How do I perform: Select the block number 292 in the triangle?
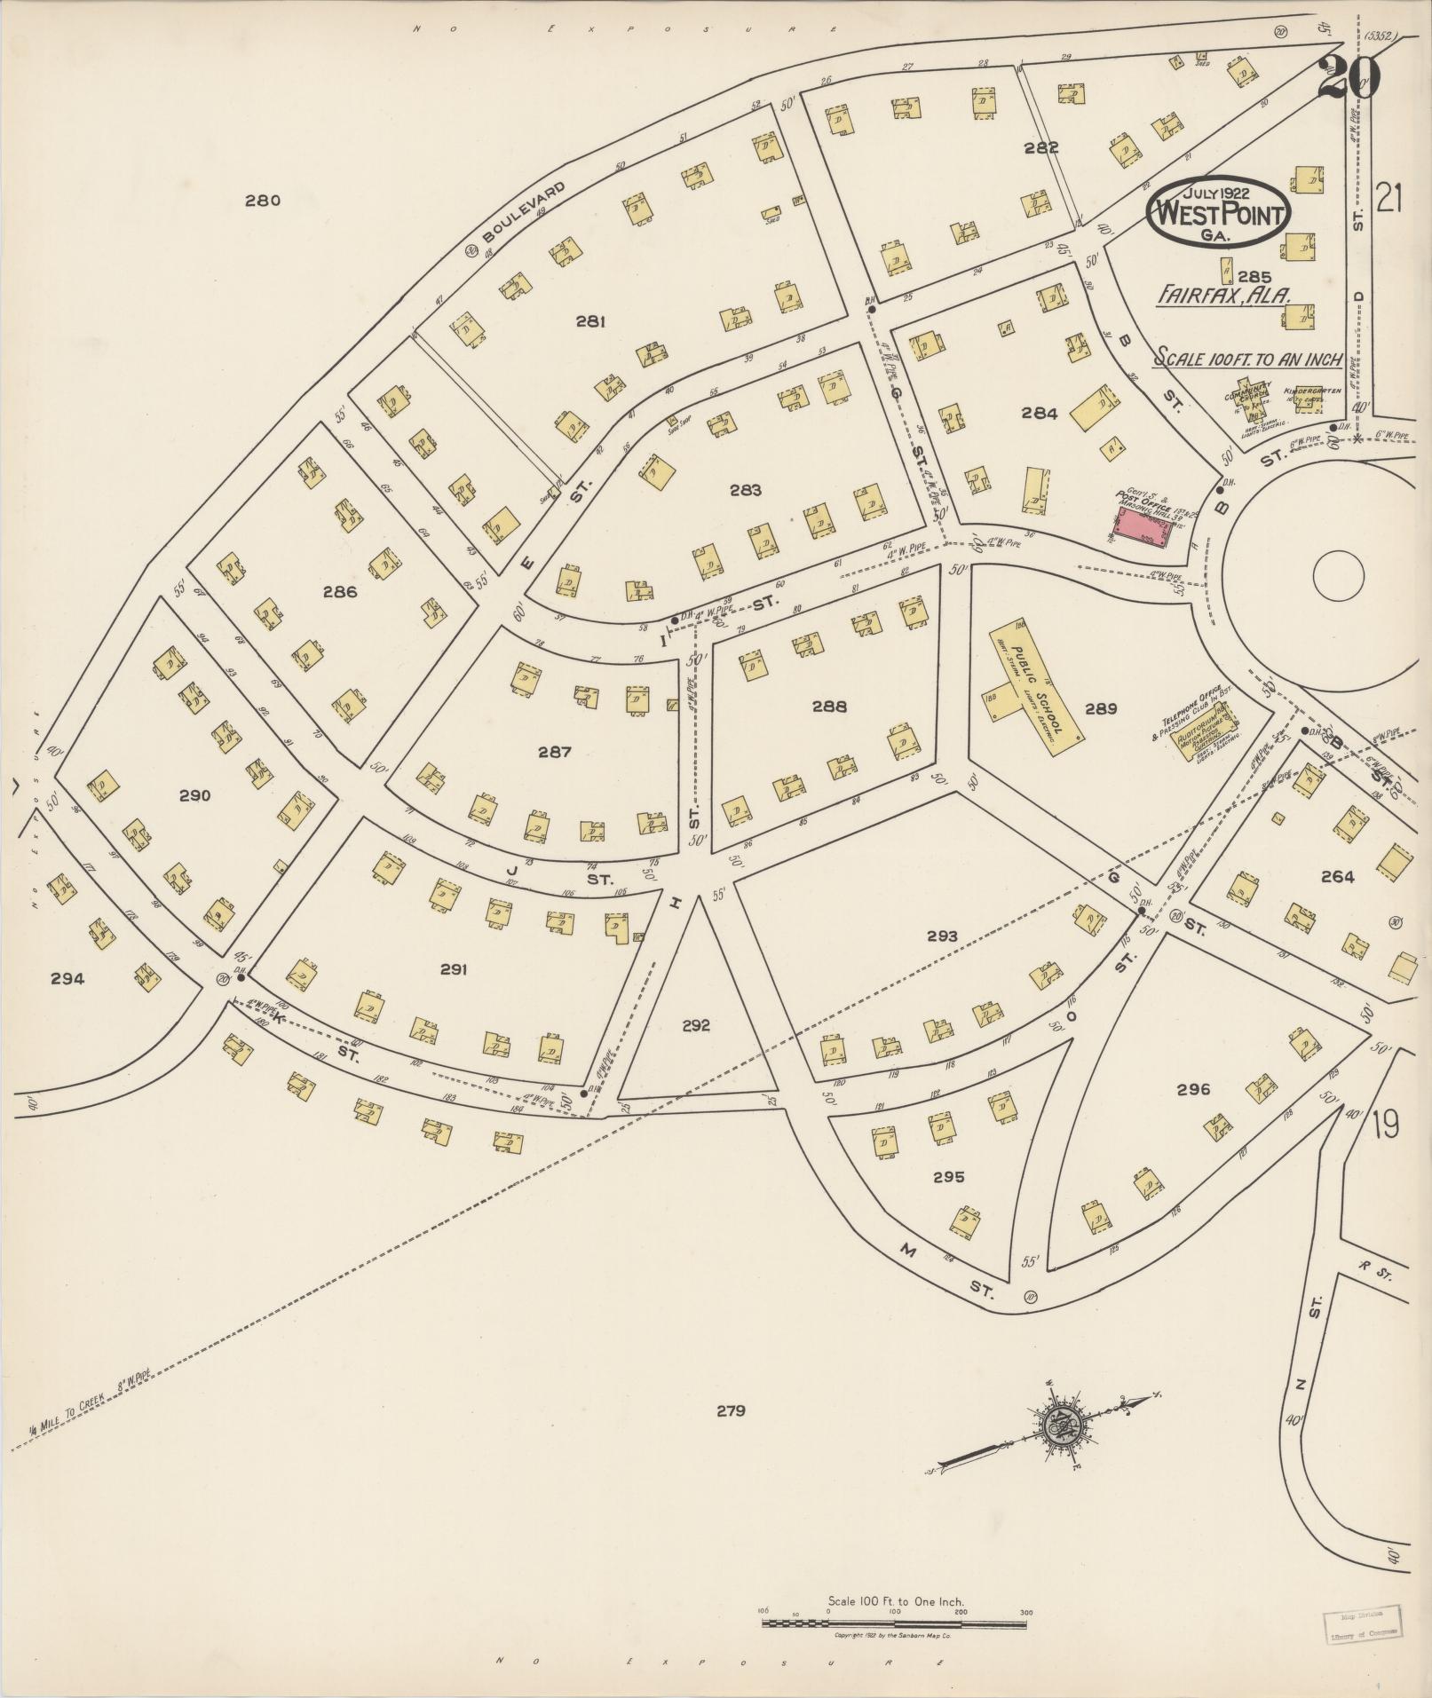(x=696, y=1025)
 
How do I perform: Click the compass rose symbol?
(x=1061, y=1427)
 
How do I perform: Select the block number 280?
(x=263, y=201)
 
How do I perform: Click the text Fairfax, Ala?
(x=1222, y=296)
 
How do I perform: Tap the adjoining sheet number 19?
(x=1385, y=1124)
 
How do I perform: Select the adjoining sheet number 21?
(x=1388, y=200)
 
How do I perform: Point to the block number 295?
(x=948, y=1177)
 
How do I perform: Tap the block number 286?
(x=340, y=592)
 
